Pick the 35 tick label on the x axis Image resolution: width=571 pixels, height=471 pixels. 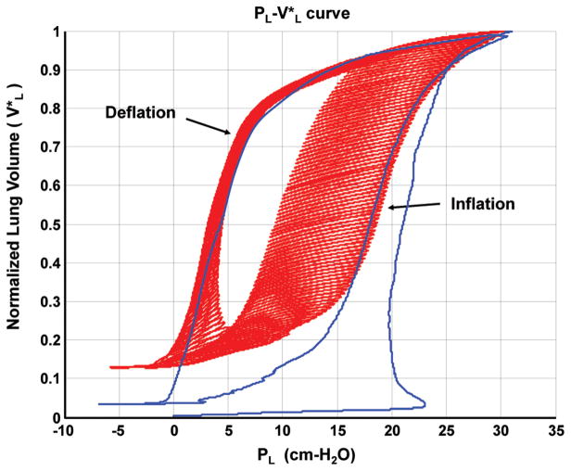[x=556, y=430]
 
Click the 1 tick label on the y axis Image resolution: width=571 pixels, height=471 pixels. [x=49, y=32]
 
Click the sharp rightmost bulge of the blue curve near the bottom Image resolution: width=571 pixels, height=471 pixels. [x=425, y=403]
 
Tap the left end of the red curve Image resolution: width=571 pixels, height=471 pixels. [x=111, y=367]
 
